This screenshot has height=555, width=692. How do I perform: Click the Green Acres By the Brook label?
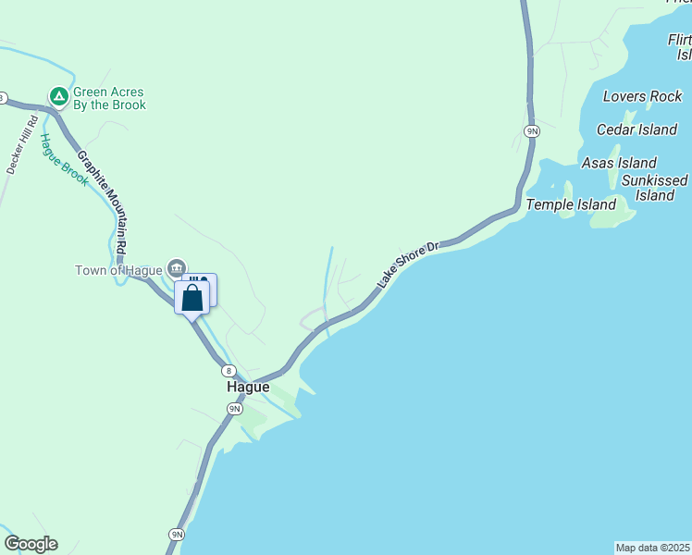110,98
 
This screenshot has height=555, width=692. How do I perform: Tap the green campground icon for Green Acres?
57,95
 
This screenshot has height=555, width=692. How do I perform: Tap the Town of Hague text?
118,270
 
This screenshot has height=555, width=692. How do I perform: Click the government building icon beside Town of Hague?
175,268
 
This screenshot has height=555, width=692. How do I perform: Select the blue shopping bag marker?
192,298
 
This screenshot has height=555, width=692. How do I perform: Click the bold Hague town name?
248,388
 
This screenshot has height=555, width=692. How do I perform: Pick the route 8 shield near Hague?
228,370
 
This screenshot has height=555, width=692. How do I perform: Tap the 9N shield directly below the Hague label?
235,408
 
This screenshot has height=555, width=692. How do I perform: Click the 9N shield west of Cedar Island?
531,131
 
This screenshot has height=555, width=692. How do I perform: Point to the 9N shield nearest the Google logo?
177,534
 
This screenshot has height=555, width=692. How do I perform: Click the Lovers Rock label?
642,96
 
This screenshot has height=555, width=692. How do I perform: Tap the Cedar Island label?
636,129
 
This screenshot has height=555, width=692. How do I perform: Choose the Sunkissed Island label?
655,188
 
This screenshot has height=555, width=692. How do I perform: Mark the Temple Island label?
571,204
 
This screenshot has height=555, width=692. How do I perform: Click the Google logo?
31,544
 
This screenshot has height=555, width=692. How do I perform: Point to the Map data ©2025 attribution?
652,548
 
